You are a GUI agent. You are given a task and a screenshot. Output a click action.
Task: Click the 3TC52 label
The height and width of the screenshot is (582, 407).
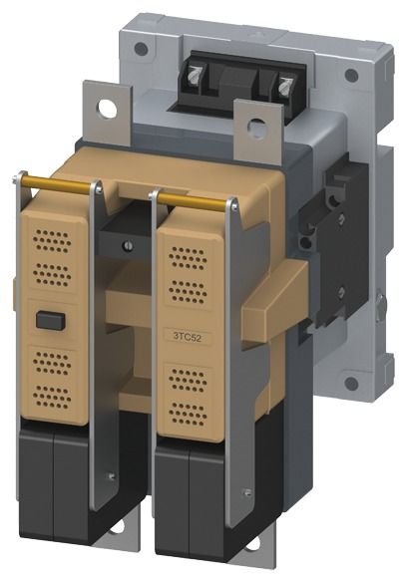[x=188, y=337]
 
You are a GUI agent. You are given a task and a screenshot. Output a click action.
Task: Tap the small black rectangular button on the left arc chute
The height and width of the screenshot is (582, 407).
[x=51, y=320]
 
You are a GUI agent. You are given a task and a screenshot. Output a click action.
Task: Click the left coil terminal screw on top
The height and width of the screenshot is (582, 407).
[x=194, y=76]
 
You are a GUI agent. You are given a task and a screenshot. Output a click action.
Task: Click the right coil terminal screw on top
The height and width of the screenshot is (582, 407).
[x=285, y=87]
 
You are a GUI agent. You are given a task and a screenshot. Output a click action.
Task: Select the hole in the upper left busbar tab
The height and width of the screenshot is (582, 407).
[x=107, y=109]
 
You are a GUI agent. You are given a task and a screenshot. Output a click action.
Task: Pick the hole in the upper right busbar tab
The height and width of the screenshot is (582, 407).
[x=256, y=127]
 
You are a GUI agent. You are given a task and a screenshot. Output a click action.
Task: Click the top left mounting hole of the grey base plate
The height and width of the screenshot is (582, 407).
[x=141, y=48]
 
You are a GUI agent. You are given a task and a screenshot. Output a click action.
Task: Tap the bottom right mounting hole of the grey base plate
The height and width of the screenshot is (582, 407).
[x=351, y=384]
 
